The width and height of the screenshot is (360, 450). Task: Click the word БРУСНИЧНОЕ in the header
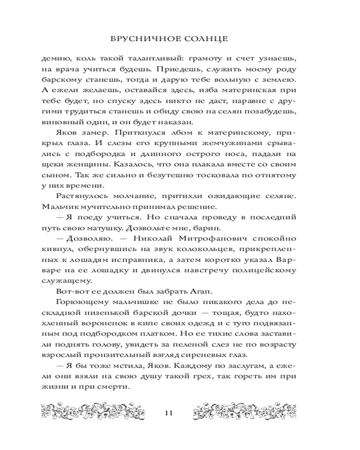click(x=140, y=39)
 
